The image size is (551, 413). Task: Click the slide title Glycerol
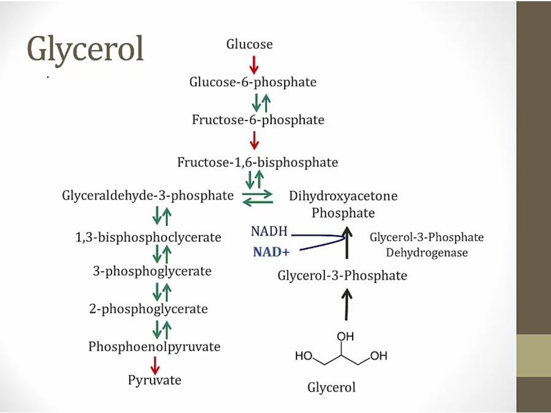(x=85, y=49)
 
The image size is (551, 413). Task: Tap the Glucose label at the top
(x=249, y=44)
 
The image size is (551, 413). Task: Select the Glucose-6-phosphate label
(x=252, y=81)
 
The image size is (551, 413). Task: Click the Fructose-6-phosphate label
(x=258, y=119)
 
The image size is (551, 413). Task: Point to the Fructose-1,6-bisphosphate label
(x=257, y=162)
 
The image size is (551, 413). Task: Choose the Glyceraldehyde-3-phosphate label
(x=148, y=196)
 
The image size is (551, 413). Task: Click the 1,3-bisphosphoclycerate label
(x=148, y=237)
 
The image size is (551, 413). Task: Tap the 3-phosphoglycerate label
(x=152, y=271)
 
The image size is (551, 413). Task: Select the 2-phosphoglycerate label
(x=148, y=309)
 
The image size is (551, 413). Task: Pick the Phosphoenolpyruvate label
(x=154, y=346)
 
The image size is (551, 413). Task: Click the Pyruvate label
(x=154, y=380)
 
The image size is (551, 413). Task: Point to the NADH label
(x=269, y=232)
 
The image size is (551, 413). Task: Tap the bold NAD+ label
(x=269, y=252)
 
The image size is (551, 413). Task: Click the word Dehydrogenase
(x=426, y=253)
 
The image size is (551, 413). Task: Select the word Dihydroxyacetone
(x=343, y=196)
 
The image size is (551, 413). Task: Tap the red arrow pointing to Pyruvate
(x=155, y=364)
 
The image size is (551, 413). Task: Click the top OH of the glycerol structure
(x=345, y=337)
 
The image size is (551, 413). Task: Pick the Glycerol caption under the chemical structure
(x=331, y=387)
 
